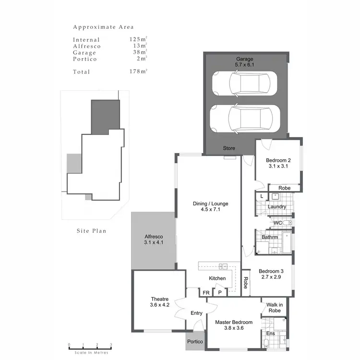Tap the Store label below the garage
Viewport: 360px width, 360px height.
[x=229, y=148]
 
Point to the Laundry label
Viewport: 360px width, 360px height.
[x=277, y=207]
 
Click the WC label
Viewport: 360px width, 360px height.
[x=277, y=223]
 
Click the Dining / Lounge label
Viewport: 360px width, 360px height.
[x=210, y=204]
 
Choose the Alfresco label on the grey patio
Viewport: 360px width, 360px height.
[x=154, y=237]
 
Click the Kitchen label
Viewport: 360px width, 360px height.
[x=217, y=278]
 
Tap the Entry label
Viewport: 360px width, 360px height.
[x=196, y=313]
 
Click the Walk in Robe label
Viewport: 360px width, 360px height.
[x=275, y=308]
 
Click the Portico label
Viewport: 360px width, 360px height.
[x=195, y=341]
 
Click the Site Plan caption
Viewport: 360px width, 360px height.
[x=91, y=231]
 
